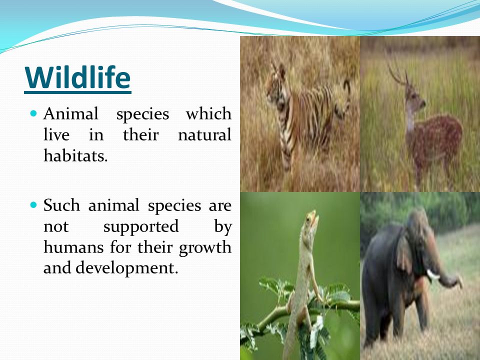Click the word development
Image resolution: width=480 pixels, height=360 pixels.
point(126,268)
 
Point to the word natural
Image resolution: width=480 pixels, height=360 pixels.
point(204,134)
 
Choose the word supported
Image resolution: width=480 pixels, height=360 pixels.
point(141,227)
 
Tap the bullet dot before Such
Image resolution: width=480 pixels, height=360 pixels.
point(33,204)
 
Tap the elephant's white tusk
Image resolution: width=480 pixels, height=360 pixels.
point(432,274)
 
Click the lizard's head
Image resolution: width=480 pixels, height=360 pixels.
point(311,219)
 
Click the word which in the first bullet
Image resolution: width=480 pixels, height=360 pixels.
point(208,113)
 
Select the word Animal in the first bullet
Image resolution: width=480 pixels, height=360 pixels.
point(70,113)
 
